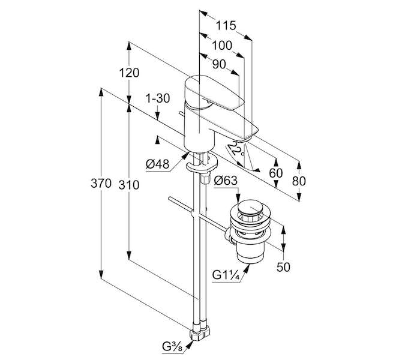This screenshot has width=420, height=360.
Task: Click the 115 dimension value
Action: click(226, 26)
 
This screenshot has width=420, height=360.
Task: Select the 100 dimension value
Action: click(222, 46)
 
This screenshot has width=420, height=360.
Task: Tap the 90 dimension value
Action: click(219, 65)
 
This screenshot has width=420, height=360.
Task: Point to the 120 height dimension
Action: click(129, 73)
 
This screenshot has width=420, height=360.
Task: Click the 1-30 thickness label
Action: click(157, 98)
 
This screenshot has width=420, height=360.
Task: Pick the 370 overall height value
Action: click(101, 184)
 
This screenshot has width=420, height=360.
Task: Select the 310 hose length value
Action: click(129, 185)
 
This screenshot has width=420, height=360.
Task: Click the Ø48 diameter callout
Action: click(158, 164)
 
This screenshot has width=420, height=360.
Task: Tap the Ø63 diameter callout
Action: click(226, 181)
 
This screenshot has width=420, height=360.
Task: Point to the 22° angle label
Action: click(235, 149)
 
